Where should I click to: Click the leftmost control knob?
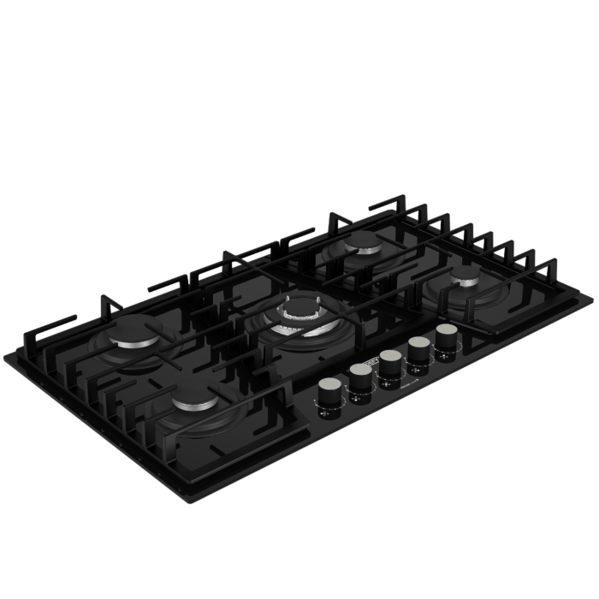[329, 390]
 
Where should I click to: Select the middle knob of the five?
[390, 361]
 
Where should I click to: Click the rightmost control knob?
[447, 335]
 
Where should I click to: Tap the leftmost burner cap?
[135, 335]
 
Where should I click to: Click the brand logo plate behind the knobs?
[369, 362]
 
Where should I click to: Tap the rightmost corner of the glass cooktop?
[591, 297]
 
